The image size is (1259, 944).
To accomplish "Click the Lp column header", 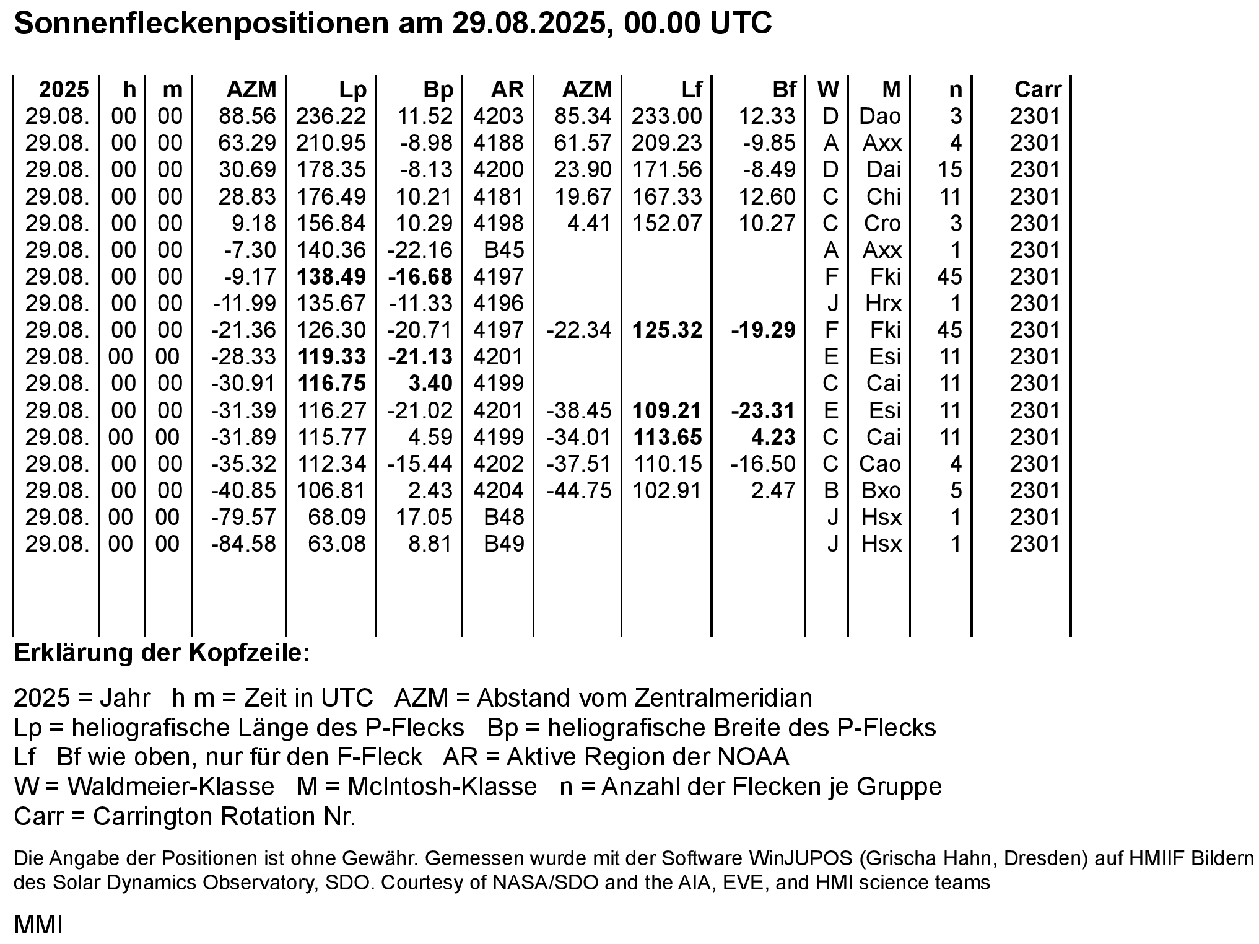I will tap(352, 90).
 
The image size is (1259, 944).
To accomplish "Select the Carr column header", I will tap(1037, 90).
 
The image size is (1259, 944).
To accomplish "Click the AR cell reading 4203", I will tap(498, 117).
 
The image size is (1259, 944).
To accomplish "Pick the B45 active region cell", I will tap(503, 250).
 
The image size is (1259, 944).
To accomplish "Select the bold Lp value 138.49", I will tap(332, 276).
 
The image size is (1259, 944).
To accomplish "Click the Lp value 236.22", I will tap(331, 117).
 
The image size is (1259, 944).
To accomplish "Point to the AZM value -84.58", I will tap(243, 544).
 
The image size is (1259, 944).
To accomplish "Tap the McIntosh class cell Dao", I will tap(880, 117).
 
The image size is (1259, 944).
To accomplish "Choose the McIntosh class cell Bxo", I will tap(881, 490).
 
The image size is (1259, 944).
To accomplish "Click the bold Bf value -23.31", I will tap(763, 410).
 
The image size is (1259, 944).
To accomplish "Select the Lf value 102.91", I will tap(666, 490).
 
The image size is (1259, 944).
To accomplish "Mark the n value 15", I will tap(949, 170).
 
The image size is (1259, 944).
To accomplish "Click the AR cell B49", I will tap(503, 544).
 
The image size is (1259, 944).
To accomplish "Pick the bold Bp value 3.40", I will tap(430, 384).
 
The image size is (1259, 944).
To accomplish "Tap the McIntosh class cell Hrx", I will tap(883, 303).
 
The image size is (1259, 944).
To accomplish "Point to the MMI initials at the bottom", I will tap(38, 925).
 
